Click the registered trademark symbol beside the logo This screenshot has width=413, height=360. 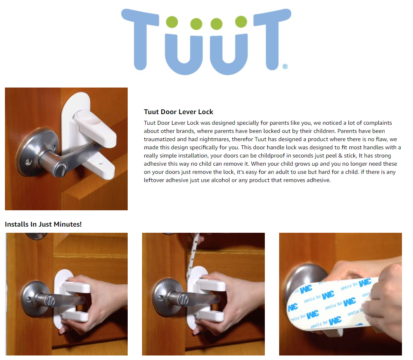pos(285,66)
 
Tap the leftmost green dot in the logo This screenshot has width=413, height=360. pos(172,22)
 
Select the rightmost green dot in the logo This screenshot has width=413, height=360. pos(241,22)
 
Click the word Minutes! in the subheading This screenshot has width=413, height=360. pos(68,225)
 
